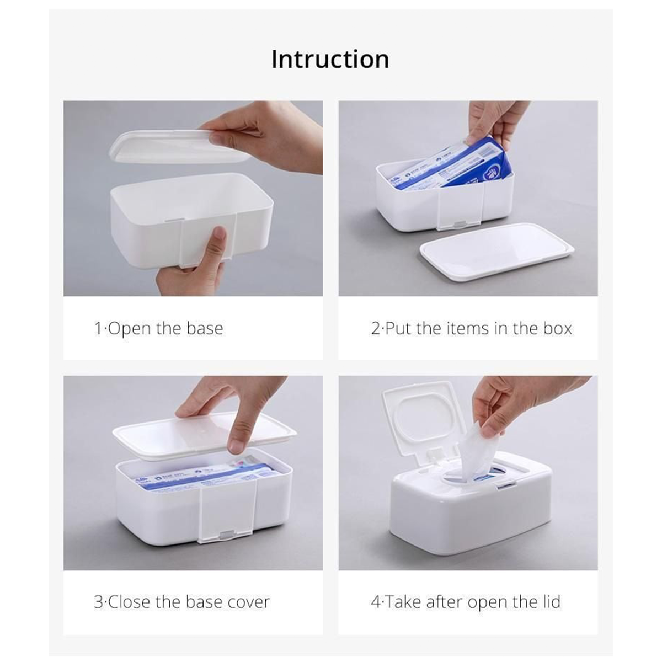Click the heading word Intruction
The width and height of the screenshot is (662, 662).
[330, 60]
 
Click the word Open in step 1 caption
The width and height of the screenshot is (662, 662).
[129, 329]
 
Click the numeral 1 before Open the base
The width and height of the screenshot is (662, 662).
[98, 329]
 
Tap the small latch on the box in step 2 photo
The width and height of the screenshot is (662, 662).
[458, 223]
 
